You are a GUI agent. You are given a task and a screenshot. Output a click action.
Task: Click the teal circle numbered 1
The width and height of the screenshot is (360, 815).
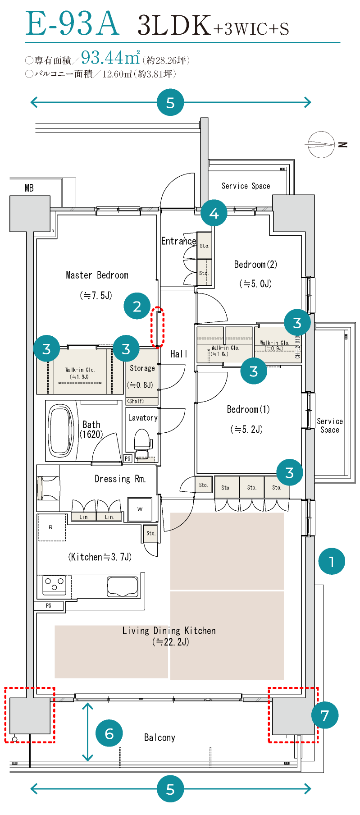(x=332, y=561)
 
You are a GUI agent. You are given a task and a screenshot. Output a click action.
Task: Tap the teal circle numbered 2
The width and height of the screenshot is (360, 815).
(x=137, y=306)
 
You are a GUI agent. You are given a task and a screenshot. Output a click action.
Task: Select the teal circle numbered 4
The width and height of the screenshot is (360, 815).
(x=214, y=213)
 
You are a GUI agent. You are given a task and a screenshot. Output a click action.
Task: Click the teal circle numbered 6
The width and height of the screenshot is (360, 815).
(x=109, y=733)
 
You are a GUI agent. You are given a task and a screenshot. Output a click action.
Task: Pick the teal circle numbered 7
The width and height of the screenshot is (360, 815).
(x=324, y=715)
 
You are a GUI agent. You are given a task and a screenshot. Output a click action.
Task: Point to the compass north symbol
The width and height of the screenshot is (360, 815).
(x=322, y=145)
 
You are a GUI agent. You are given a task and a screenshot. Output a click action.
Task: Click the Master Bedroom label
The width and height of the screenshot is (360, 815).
(x=97, y=275)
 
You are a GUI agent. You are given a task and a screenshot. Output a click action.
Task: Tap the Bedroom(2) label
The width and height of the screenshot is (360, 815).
(x=255, y=265)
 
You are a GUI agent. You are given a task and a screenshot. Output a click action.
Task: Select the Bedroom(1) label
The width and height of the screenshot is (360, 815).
(x=248, y=409)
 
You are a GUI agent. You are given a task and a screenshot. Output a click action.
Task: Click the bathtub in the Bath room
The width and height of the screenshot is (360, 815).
(x=61, y=431)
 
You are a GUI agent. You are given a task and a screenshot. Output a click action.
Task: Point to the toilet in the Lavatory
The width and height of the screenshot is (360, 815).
(x=142, y=442)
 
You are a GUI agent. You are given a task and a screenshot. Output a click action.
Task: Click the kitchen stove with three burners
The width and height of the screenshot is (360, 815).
(x=54, y=585)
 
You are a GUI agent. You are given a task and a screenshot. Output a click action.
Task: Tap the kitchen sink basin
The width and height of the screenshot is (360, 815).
(x=123, y=586)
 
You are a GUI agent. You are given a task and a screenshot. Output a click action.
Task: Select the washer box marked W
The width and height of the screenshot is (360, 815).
(x=140, y=509)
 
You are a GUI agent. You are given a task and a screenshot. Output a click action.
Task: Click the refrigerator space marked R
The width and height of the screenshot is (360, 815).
(x=51, y=527)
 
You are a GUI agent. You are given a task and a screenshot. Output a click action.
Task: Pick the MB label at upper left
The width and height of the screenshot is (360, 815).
(x=29, y=188)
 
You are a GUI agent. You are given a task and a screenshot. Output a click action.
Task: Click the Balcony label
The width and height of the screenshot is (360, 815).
(x=159, y=737)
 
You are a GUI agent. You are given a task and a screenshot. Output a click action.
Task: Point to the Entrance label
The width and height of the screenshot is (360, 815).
(x=179, y=241)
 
